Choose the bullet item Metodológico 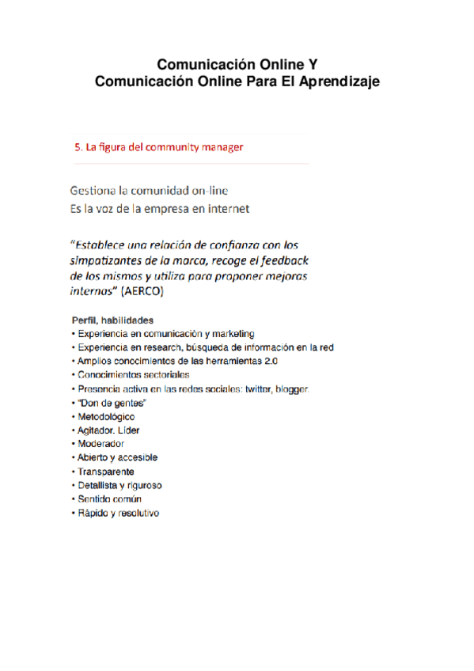(x=106, y=416)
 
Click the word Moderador (x=100, y=444)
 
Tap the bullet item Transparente (x=105, y=472)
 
